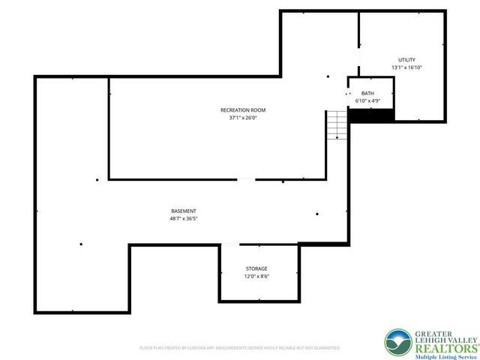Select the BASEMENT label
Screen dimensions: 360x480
click(183, 211)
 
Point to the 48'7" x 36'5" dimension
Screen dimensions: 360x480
click(183, 218)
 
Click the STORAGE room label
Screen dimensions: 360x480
click(256, 268)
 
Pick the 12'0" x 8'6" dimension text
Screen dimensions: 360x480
click(256, 276)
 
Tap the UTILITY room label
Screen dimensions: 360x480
click(406, 60)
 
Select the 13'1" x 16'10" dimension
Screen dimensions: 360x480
click(406, 67)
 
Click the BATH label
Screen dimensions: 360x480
click(367, 92)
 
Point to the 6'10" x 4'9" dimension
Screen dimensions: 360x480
click(367, 100)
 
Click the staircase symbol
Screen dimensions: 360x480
click(337, 124)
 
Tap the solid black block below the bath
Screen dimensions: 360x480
click(371, 115)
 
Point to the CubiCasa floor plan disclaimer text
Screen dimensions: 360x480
click(240, 348)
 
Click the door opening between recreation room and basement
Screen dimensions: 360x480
click(246, 179)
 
